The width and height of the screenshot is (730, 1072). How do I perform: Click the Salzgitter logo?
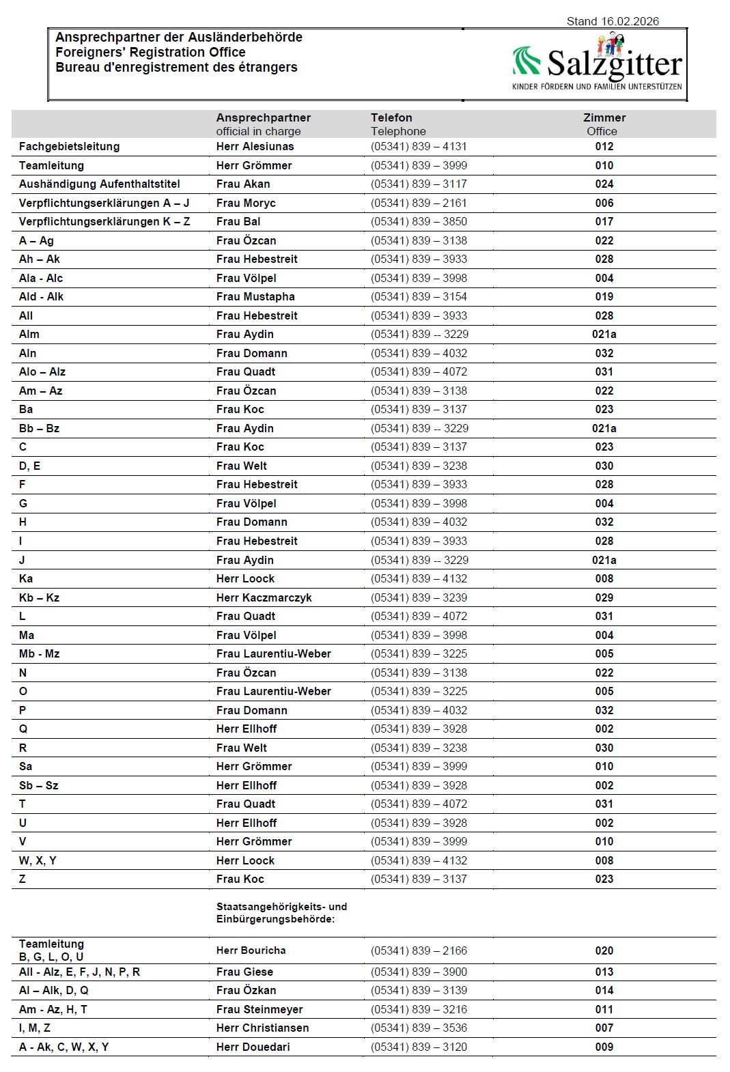pyautogui.click(x=597, y=64)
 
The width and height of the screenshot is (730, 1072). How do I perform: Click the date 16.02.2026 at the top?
pyautogui.click(x=630, y=21)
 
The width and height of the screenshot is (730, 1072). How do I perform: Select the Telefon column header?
pyautogui.click(x=391, y=117)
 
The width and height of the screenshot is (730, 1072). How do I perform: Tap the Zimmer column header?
pyautogui.click(x=604, y=117)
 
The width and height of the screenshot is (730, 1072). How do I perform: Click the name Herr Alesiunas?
pyautogui.click(x=255, y=146)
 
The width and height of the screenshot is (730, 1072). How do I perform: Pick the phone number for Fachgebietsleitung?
pyautogui.click(x=419, y=146)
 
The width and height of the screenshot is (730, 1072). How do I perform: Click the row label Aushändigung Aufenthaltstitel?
pyautogui.click(x=99, y=184)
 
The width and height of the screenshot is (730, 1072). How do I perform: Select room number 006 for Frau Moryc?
pyautogui.click(x=604, y=203)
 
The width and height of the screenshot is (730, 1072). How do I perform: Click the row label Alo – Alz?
pyautogui.click(x=42, y=371)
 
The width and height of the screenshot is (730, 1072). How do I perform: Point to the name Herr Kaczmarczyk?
pyautogui.click(x=264, y=597)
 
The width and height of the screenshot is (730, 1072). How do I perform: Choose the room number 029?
pyautogui.click(x=604, y=597)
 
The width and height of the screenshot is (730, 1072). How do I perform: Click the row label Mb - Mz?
pyautogui.click(x=39, y=653)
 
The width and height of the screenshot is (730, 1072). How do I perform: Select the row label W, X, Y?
pyautogui.click(x=38, y=860)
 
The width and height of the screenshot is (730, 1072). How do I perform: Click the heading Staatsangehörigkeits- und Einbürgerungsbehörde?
pyautogui.click(x=281, y=913)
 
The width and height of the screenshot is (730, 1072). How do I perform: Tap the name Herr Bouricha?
pyautogui.click(x=251, y=950)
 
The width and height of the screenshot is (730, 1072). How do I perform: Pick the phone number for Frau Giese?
pyautogui.click(x=419, y=972)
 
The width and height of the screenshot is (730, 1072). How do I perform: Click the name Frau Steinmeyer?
pyautogui.click(x=259, y=1009)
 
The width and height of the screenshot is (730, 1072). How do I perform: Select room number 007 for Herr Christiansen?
pyautogui.click(x=604, y=1028)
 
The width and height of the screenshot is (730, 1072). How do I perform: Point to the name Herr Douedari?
pyautogui.click(x=253, y=1047)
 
